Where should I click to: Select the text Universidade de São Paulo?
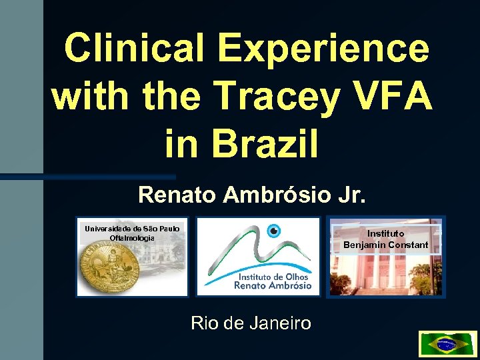click(132, 229)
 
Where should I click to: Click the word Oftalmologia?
click(132, 238)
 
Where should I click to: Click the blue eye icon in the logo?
click(273, 231)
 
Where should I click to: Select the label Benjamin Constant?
click(386, 245)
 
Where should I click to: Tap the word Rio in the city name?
click(203, 324)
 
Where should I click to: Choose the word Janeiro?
click(281, 324)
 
